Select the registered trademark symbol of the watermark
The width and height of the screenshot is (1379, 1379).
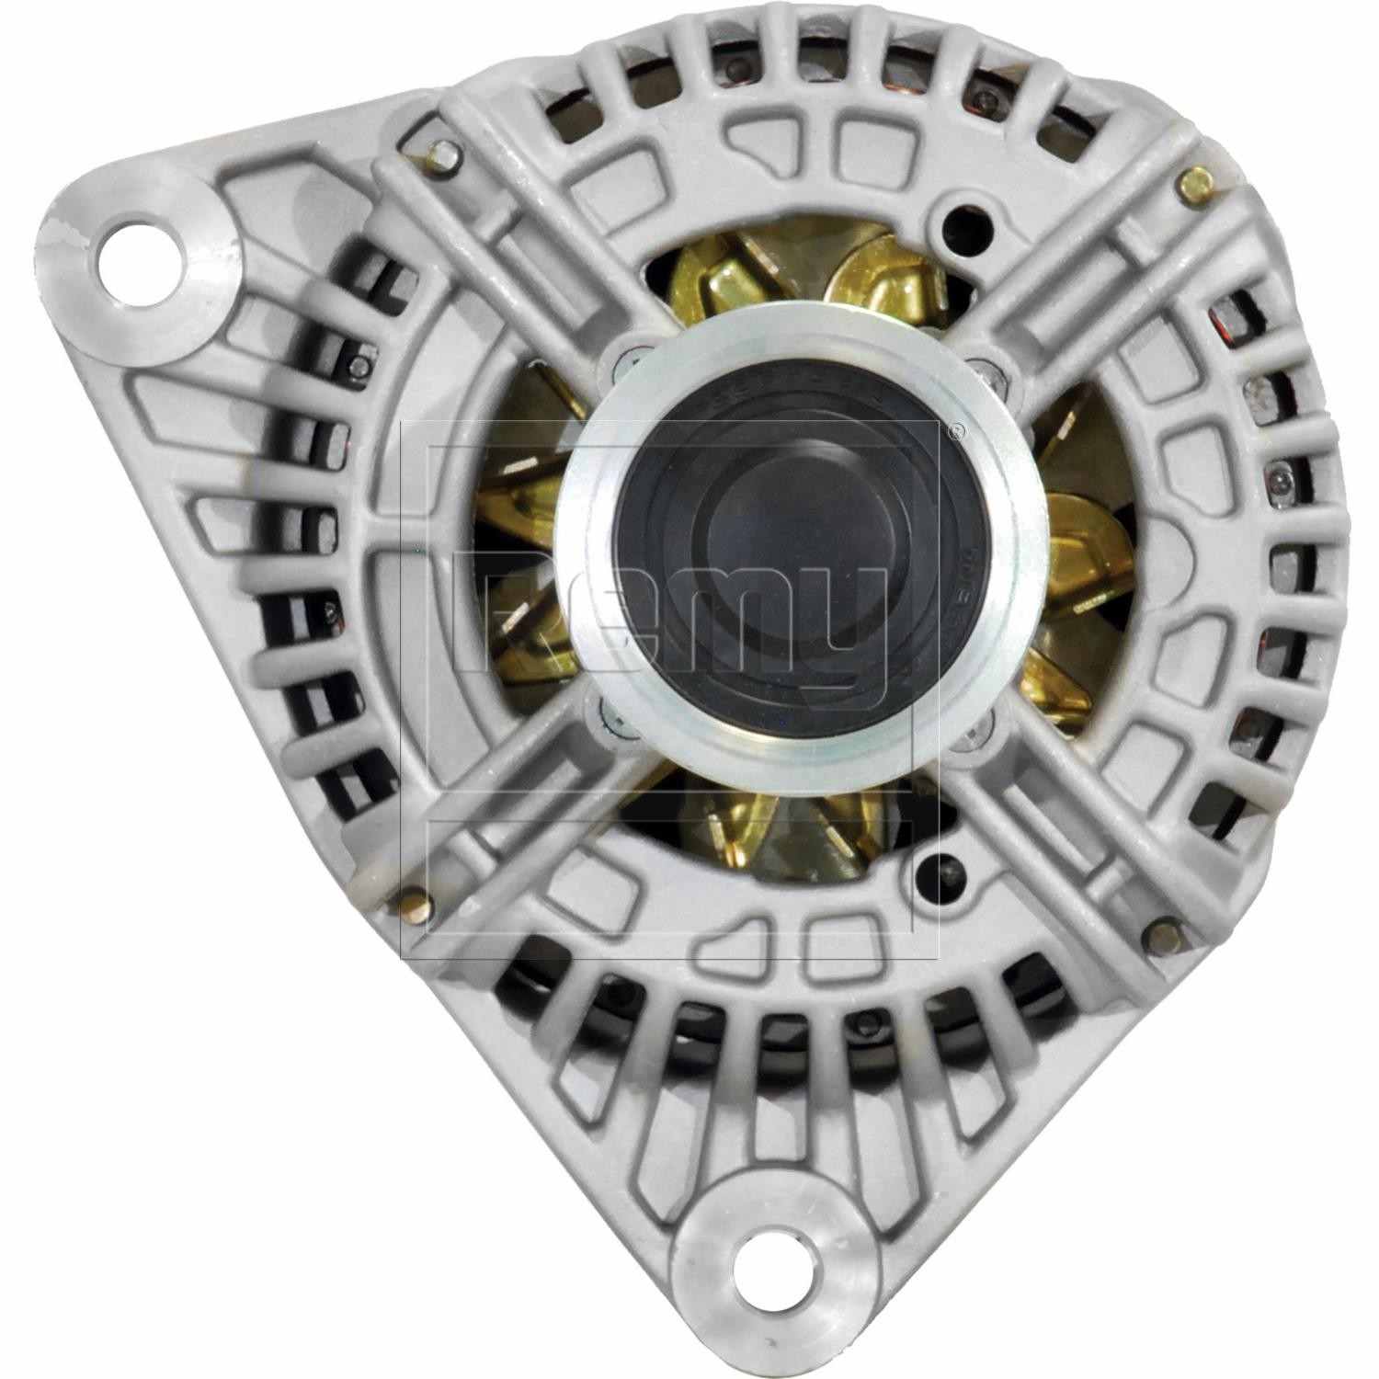pyautogui.click(x=957, y=428)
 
